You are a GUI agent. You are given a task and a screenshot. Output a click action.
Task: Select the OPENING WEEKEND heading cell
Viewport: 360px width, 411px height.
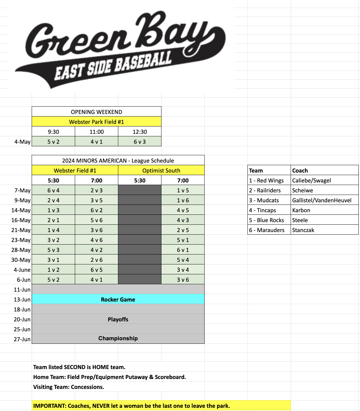pyautogui.click(x=97, y=112)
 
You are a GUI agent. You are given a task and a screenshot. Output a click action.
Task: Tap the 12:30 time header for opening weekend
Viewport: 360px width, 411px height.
pyautogui.click(x=140, y=132)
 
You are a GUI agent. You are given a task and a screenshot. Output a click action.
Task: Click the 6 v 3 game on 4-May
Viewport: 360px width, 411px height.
pyautogui.click(x=140, y=141)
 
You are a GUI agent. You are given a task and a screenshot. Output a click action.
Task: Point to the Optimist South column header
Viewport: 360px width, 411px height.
pyautogui.click(x=161, y=170)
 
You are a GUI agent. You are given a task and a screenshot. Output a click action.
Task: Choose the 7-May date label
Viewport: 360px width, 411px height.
pyautogui.click(x=22, y=190)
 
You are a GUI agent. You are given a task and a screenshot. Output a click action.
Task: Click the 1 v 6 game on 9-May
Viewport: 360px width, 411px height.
pyautogui.click(x=183, y=200)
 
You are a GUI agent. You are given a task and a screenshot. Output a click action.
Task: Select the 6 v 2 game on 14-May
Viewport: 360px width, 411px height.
pyautogui.click(x=97, y=210)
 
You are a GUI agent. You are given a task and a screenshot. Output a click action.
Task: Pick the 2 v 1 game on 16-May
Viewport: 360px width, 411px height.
pyautogui.click(x=53, y=220)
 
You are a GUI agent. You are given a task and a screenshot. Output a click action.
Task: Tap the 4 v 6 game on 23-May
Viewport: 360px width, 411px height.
pyautogui.click(x=97, y=240)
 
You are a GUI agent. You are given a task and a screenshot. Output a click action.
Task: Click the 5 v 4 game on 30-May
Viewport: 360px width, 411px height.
pyautogui.click(x=183, y=260)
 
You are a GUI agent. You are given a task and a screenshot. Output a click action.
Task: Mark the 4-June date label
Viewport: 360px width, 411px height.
pyautogui.click(x=22, y=270)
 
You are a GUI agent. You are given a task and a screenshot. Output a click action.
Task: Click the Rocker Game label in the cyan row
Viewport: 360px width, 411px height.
pyautogui.click(x=118, y=299)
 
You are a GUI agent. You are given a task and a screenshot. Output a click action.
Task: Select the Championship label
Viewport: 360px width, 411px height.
pyautogui.click(x=118, y=338)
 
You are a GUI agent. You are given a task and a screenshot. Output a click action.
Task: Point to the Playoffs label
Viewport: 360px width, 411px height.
pyautogui.click(x=118, y=319)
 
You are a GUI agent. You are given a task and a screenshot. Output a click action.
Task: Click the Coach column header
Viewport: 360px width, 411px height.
pyautogui.click(x=300, y=170)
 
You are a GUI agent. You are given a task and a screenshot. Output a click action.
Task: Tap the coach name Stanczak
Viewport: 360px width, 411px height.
pyautogui.click(x=303, y=230)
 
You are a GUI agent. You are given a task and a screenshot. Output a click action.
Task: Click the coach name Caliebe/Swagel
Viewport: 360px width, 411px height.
pyautogui.click(x=311, y=180)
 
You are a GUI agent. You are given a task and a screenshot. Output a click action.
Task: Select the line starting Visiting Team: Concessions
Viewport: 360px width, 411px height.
pyautogui.click(x=69, y=387)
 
